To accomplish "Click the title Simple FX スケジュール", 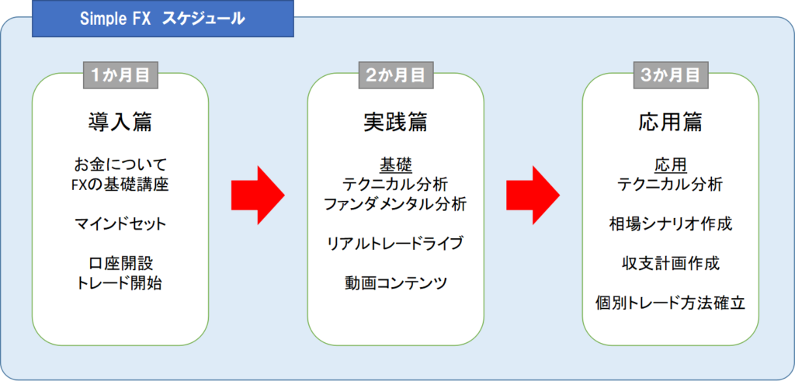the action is tap(162, 19).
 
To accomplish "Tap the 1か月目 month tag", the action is tap(120, 75).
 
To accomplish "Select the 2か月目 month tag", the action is tap(395, 75).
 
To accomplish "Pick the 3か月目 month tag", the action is tap(670, 75).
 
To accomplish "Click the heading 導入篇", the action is tap(120, 122).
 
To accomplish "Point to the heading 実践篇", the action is tap(395, 122).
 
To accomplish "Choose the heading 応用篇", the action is tap(670, 122).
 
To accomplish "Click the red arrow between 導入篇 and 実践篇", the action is tap(258, 195).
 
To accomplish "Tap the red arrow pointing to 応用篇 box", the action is tap(533, 195).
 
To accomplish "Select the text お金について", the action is tap(120, 165).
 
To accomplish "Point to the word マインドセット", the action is tap(120, 223).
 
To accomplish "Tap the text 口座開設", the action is tap(120, 263).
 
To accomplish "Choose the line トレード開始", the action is tap(120, 283).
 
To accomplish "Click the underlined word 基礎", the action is tap(395, 165).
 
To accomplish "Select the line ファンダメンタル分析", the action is tap(395, 205).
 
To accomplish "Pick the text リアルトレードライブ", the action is tap(395, 243).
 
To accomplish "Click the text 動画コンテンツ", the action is tap(395, 282).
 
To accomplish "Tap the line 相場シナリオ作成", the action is tap(670, 224).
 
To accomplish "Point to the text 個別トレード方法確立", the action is tap(670, 303).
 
